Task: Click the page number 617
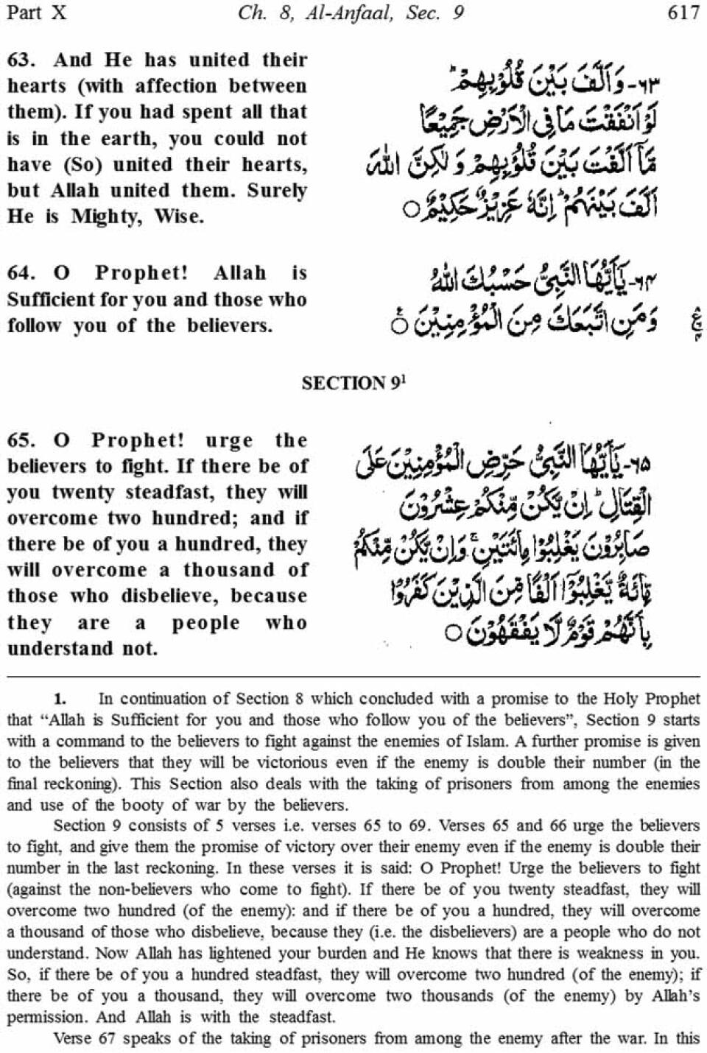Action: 682,13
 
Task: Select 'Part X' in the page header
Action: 35,13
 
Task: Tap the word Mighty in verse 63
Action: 106,217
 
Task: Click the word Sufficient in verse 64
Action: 52,300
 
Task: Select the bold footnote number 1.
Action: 60,698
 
